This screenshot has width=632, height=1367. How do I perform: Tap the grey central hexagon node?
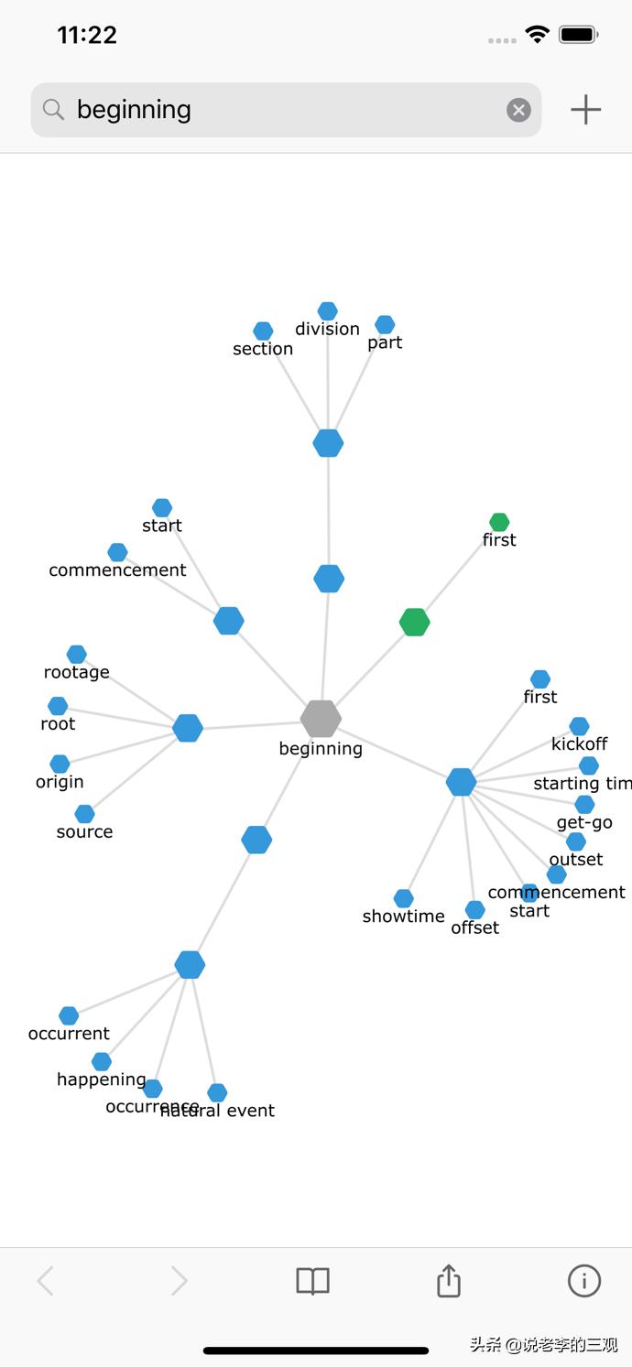(321, 719)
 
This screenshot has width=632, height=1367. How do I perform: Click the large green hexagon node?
(415, 623)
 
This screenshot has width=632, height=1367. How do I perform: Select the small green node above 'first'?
(499, 522)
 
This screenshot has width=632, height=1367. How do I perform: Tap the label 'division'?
(327, 329)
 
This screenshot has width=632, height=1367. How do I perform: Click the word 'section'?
(263, 349)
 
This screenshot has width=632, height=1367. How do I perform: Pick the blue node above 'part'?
(385, 324)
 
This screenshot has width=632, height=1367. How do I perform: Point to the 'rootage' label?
(77, 672)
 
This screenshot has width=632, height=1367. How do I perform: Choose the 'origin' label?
(60, 782)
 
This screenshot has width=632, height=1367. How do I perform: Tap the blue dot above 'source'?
(84, 813)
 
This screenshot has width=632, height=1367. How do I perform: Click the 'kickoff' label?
(579, 744)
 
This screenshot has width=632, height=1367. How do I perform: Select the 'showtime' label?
(403, 917)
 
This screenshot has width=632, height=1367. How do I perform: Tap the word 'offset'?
(474, 928)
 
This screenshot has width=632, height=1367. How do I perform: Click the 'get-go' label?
(584, 822)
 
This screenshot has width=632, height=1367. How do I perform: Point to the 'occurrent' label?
(69, 1034)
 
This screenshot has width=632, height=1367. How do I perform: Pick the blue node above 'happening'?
(102, 1061)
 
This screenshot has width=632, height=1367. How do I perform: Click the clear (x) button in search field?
(518, 110)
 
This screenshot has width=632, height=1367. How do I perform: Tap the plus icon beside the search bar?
(585, 110)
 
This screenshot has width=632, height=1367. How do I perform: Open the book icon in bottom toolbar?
(312, 1281)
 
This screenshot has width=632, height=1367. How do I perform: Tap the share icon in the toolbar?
(448, 1281)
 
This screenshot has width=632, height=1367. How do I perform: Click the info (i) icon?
(584, 1281)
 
